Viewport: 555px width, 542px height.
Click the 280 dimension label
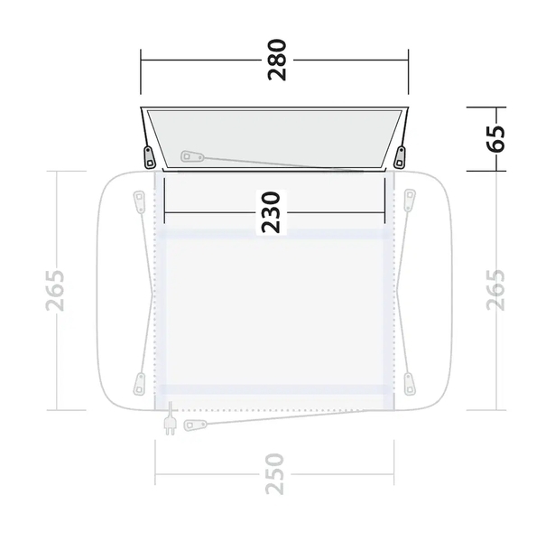click(x=277, y=60)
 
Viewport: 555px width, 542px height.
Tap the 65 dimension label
click(x=495, y=138)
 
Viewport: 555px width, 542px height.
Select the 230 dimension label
click(x=271, y=212)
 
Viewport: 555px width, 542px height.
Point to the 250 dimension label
click(x=274, y=473)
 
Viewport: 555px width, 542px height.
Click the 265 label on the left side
click(x=55, y=291)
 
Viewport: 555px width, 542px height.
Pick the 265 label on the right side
click(x=495, y=290)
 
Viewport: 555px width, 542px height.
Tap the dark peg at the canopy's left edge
click(x=149, y=157)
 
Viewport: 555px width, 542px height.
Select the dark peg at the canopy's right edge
click(x=400, y=157)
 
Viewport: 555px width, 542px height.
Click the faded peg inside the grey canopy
click(x=192, y=156)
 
